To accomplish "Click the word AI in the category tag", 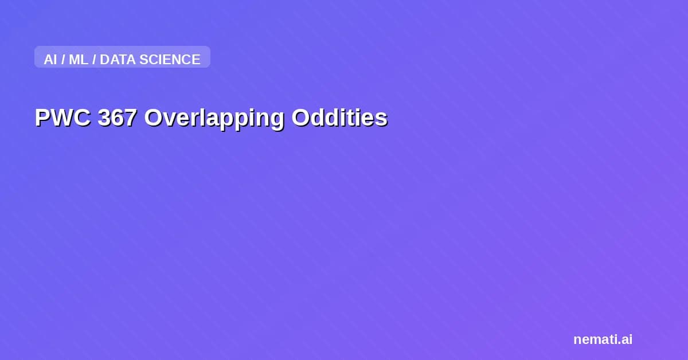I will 50,60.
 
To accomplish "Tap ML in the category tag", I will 79,60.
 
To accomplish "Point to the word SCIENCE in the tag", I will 170,60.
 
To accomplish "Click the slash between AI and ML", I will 62,60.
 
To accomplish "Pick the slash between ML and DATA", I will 94,60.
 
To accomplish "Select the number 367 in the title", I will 117,118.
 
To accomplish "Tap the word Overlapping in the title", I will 214,118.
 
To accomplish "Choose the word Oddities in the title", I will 339,118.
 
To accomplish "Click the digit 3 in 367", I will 104,118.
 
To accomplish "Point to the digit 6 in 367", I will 117,118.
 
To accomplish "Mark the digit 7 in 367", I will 130,118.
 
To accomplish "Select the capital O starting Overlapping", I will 153,118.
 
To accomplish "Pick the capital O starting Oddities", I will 300,118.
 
